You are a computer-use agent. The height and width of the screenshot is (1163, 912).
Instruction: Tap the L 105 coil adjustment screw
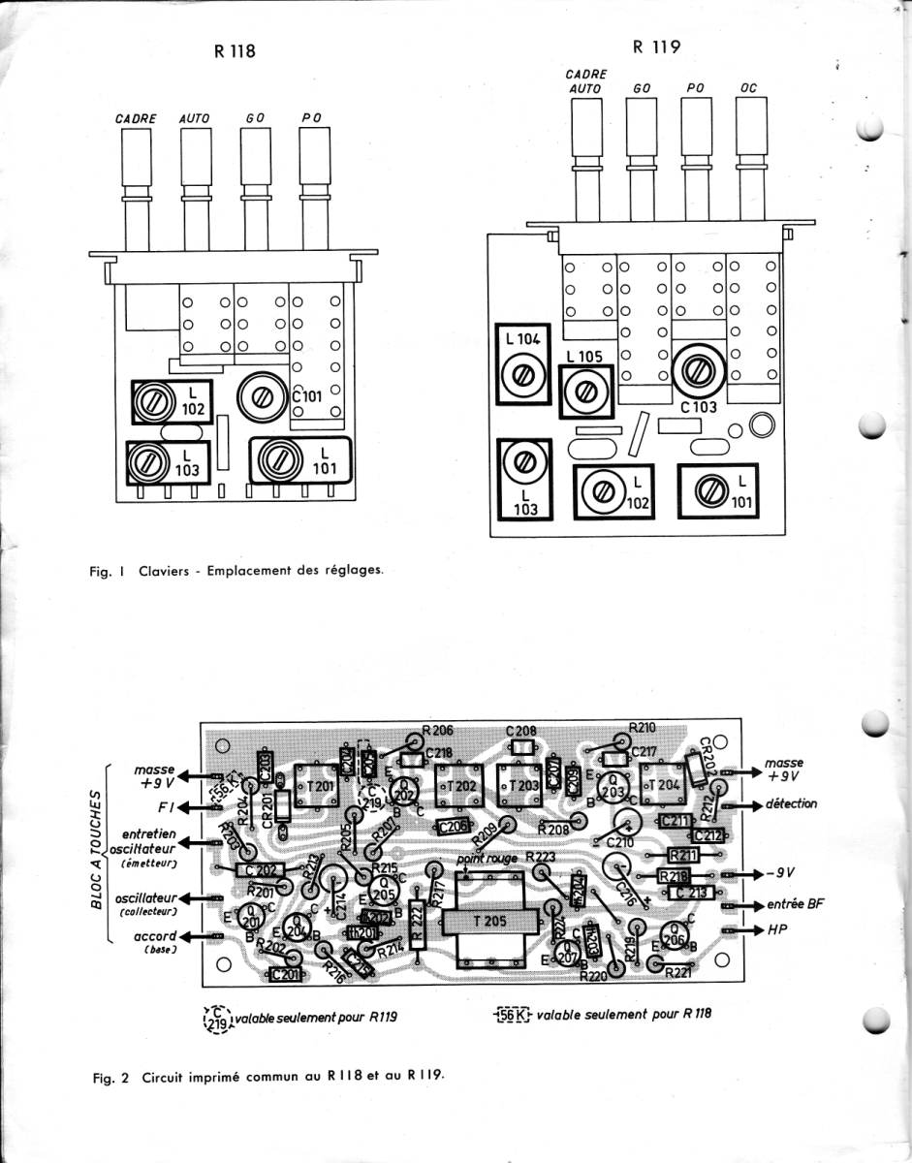click(x=585, y=391)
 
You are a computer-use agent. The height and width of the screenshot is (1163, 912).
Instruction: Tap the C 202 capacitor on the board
click(x=259, y=870)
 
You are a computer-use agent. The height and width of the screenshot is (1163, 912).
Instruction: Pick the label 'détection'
click(x=790, y=803)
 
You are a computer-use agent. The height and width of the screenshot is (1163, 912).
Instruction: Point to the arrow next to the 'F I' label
click(x=190, y=806)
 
